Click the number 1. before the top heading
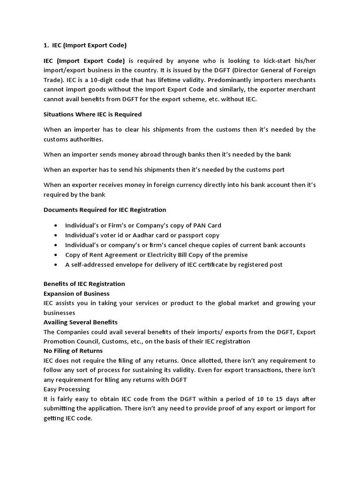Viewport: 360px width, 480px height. click(x=46, y=45)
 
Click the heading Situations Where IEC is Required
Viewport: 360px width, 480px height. click(x=92, y=114)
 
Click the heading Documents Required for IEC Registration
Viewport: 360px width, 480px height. click(x=105, y=210)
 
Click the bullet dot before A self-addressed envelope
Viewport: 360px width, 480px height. click(x=56, y=265)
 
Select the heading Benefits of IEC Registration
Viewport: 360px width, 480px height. click(x=84, y=284)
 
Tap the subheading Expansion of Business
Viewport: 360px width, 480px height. click(x=76, y=293)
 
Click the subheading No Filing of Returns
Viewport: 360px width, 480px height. click(x=73, y=351)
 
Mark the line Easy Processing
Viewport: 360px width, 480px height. click(x=67, y=389)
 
